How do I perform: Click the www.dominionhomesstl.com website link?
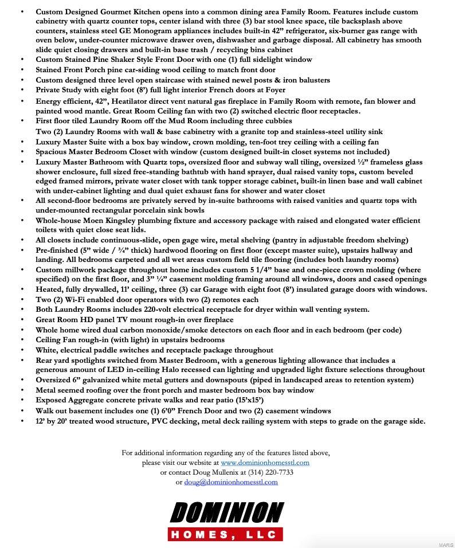(x=265, y=463)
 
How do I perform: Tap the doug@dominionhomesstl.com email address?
(x=230, y=482)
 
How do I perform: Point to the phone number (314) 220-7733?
(x=270, y=472)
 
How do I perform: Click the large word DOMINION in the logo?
(x=226, y=512)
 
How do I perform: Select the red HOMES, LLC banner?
(x=226, y=534)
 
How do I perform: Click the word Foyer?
(x=273, y=90)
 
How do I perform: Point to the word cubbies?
(x=277, y=121)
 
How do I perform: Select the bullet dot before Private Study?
(x=22, y=90)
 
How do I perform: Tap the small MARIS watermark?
(x=446, y=545)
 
